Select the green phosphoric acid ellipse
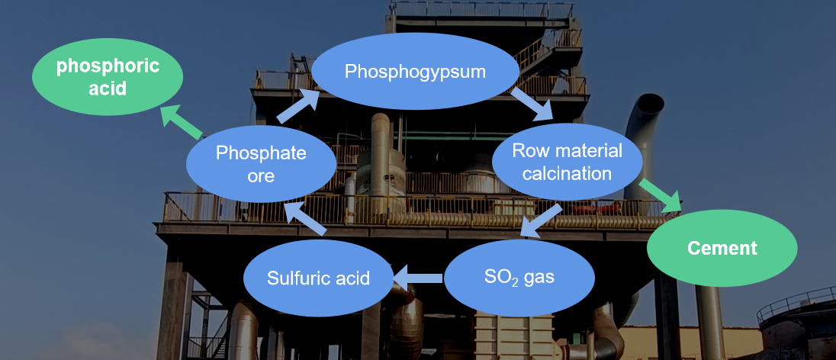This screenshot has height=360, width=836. coord(108,78)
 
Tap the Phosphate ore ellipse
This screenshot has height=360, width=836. coord(261,163)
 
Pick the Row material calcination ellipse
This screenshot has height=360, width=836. coord(567,161)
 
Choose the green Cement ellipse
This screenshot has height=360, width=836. coord(722,248)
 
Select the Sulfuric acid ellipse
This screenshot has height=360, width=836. coord(318,278)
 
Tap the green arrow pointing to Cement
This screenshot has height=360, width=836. coord(661,195)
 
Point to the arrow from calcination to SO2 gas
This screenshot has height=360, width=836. coord(542,220)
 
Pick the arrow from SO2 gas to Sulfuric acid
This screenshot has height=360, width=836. coord(416,278)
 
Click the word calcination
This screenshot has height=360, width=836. coord(567,173)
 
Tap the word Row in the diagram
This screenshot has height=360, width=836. coord(527,150)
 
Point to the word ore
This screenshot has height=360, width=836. coord(260,175)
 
